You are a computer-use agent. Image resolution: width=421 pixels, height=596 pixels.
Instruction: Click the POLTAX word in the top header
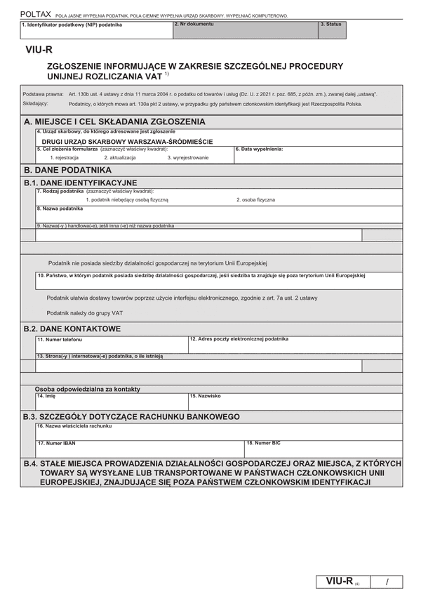[35, 13]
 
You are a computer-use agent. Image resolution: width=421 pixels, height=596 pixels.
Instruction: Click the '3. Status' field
[331, 30]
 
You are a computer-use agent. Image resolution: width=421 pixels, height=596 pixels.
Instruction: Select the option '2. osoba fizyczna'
[255, 200]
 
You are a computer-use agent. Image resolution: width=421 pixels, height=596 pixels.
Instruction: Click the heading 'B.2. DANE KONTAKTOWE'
[72, 329]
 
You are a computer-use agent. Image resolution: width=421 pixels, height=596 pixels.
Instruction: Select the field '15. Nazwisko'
[295, 402]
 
